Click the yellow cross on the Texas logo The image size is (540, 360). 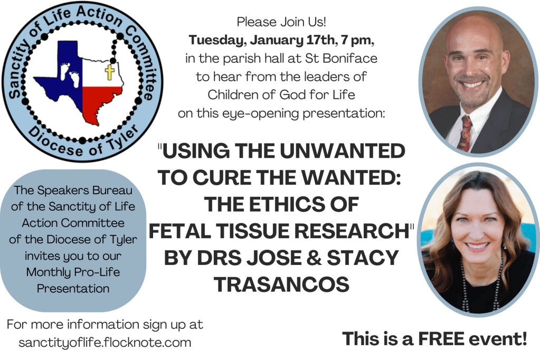pos(109,72)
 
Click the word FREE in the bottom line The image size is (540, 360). pos(441,339)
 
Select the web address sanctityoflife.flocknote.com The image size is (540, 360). pos(105,343)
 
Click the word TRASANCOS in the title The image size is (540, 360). pos(282,284)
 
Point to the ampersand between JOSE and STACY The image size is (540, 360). pos(314,258)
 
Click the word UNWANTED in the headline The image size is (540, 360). pos(343,151)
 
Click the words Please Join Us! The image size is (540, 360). pos(281,22)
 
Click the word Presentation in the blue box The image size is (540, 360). pos(73,288)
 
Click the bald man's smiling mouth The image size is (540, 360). pos(472,84)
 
